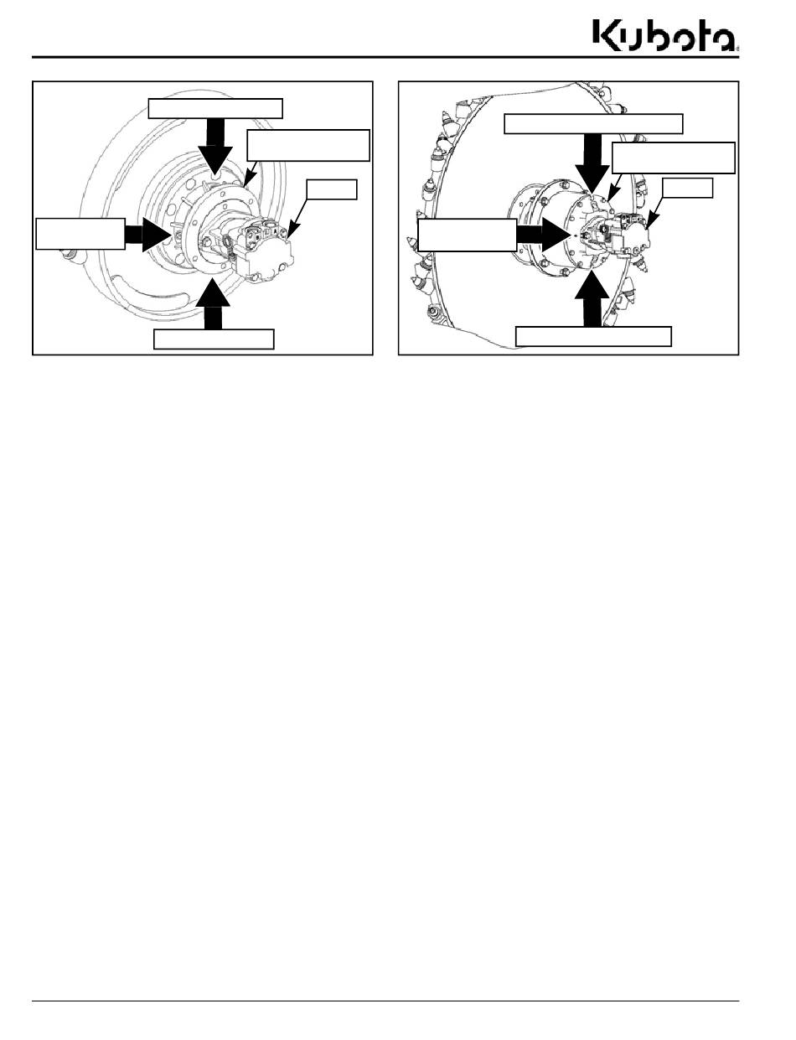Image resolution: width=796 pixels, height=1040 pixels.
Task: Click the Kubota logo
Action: pyautogui.click(x=666, y=35)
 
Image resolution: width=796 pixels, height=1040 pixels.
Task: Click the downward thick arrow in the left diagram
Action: pyautogui.click(x=215, y=146)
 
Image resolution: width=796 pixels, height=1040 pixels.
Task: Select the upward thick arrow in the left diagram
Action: pyautogui.click(x=213, y=305)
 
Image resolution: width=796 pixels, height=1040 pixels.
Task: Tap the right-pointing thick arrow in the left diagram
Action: pyautogui.click(x=147, y=234)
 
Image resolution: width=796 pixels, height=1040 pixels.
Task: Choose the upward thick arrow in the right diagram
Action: pyautogui.click(x=592, y=298)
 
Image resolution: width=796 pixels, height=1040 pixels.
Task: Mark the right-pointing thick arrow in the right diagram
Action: pyautogui.click(x=544, y=235)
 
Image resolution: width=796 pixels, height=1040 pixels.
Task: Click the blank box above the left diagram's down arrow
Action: pyautogui.click(x=215, y=109)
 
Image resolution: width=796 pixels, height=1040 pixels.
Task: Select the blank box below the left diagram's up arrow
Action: pyautogui.click(x=214, y=339)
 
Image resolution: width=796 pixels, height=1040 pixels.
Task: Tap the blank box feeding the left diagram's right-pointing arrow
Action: pyautogui.click(x=80, y=234)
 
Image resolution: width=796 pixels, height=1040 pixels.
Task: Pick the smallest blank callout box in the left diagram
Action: pyautogui.click(x=332, y=189)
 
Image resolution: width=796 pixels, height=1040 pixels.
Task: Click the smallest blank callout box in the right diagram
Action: pyautogui.click(x=687, y=188)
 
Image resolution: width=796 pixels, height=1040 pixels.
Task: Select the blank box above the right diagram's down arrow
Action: pyautogui.click(x=593, y=124)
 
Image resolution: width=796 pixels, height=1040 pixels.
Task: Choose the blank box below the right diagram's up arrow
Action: pyautogui.click(x=593, y=336)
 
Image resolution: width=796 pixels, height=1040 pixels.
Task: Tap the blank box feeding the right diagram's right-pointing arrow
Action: pyautogui.click(x=468, y=235)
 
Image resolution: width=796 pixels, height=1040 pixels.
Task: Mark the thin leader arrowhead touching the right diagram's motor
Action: pyautogui.click(x=649, y=222)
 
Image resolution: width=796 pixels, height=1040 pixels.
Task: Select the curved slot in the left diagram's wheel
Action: pyautogui.click(x=147, y=292)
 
